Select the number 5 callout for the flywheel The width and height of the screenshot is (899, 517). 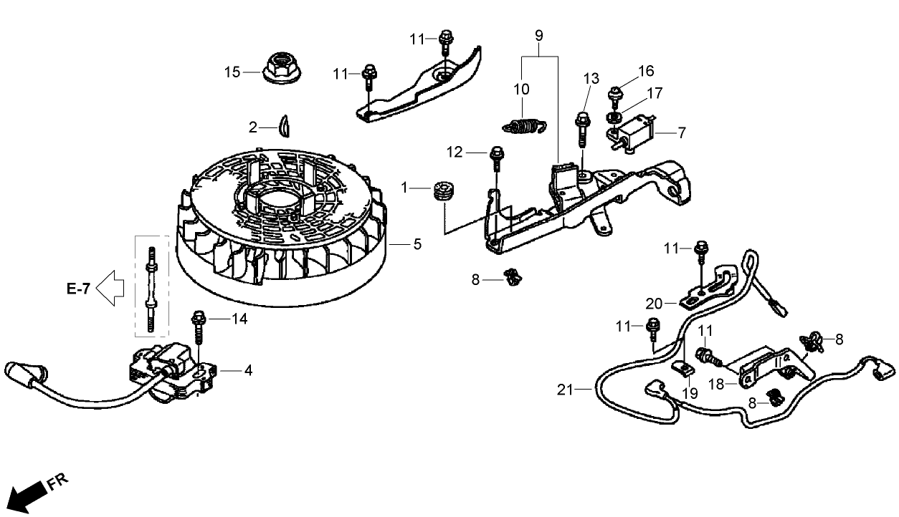[417, 244]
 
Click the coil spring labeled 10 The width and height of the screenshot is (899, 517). [525, 125]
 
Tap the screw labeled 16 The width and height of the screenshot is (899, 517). [614, 95]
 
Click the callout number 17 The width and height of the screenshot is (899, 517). [655, 92]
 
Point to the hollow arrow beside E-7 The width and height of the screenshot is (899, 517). [110, 289]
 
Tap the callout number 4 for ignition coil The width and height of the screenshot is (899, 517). [247, 370]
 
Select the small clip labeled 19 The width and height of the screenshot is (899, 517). [685, 369]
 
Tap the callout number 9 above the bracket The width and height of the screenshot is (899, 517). [539, 34]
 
